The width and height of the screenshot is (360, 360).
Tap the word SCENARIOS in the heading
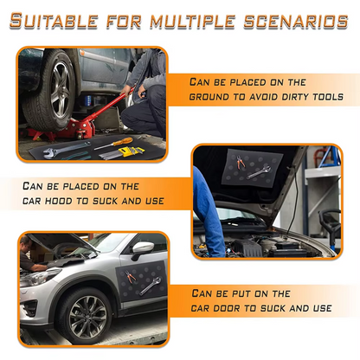(x=286, y=22)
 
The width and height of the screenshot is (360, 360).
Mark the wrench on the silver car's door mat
(x=151, y=285)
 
